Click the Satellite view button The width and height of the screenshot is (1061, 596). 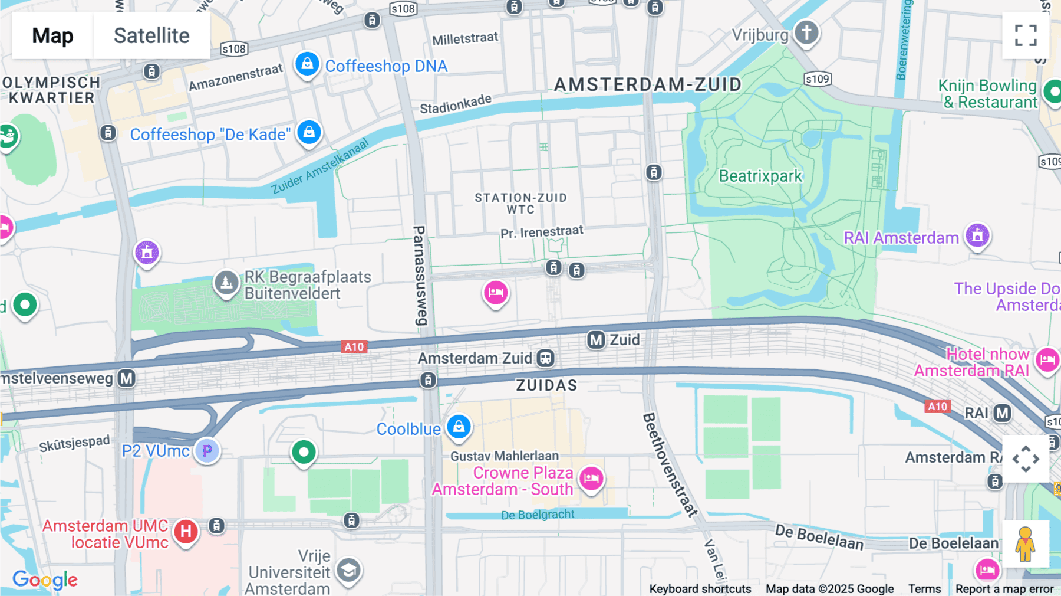coord(151,35)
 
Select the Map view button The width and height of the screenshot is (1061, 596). coord(52,35)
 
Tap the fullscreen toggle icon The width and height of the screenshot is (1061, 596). coord(1026,35)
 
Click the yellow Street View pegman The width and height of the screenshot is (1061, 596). coord(1026,544)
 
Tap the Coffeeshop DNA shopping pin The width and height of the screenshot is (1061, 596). coord(307,64)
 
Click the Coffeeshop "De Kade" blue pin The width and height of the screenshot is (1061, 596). coord(309,132)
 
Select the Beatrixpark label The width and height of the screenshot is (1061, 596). coord(760,176)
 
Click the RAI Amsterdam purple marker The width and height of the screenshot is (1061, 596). coord(977,236)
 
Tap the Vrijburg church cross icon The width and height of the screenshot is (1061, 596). coord(806,32)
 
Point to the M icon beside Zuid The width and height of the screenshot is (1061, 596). coord(596,340)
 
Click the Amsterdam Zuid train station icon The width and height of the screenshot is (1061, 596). coord(546,358)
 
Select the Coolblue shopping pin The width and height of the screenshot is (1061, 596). coord(459,426)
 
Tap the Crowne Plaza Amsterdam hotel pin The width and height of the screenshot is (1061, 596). coord(591,479)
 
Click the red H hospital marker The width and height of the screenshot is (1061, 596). coord(186,531)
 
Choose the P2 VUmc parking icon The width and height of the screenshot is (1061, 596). coord(207,451)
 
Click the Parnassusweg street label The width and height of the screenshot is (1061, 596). coord(419,275)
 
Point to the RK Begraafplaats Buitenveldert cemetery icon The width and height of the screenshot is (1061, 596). coord(226,283)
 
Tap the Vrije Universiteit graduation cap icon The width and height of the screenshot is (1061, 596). coord(348,570)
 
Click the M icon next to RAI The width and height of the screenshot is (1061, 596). coord(1002,413)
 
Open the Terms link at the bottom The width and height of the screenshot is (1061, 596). coord(924,588)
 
